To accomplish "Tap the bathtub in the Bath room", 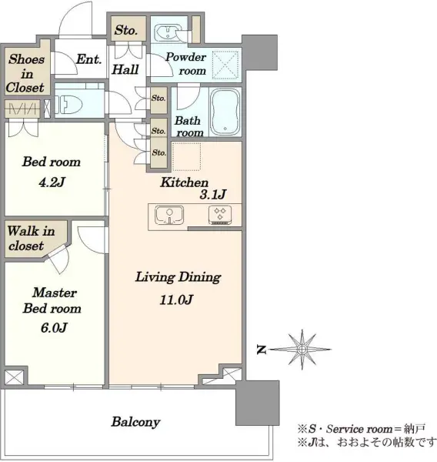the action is [225, 112].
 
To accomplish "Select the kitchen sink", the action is [169, 215].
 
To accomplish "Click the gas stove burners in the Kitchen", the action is [220, 215].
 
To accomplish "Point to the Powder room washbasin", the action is [166, 32].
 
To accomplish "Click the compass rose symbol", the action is [302, 350].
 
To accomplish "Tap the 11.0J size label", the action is [176, 300].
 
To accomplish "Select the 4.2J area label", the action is [52, 182].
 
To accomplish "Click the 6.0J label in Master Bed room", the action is [54, 328].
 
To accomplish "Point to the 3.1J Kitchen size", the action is [213, 195].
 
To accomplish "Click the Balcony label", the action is [135, 422].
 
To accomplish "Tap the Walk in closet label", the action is [31, 238].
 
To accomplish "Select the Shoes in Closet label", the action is [26, 73].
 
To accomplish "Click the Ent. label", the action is [88, 59].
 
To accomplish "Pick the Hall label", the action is [125, 69].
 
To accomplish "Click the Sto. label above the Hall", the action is [126, 30].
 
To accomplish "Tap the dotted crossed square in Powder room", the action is [225, 65].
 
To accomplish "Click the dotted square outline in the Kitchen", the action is [186, 156].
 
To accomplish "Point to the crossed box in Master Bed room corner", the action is [14, 377].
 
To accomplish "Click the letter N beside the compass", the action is [262, 350].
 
